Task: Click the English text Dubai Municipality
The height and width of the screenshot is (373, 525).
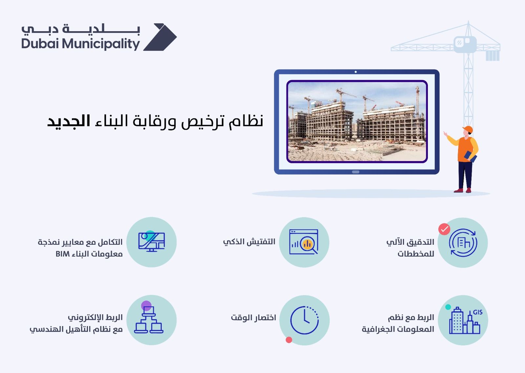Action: coord(81,44)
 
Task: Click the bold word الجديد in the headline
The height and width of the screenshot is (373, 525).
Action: coord(69,121)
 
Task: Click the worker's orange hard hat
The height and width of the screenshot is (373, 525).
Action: coord(467,129)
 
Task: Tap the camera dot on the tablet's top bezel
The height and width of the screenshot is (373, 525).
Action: coord(356,72)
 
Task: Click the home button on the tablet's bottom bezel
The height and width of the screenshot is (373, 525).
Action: coord(356,172)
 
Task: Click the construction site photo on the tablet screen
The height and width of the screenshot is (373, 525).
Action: coord(357,121)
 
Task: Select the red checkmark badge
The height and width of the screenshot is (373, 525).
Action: coord(444,229)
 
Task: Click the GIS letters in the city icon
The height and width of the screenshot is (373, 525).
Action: coord(477,312)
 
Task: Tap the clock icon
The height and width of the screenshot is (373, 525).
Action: coord(304,320)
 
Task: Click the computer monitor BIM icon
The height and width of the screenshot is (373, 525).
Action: coord(151,242)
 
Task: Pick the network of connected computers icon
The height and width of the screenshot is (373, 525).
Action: coord(149,320)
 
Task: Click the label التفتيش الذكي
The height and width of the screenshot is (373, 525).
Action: coord(249,242)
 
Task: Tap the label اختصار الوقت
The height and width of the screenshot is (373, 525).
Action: coord(253,318)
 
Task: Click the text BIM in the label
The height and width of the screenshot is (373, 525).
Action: coord(62,254)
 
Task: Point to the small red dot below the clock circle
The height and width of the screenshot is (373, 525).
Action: coord(289,340)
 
